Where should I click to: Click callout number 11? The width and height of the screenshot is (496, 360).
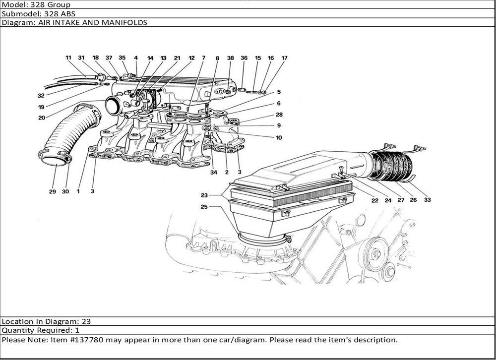tap(68, 58)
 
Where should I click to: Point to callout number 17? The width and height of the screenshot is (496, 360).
tap(284, 58)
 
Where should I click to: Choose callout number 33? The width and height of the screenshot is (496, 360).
tap(427, 200)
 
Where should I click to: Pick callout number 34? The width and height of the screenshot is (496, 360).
tap(214, 173)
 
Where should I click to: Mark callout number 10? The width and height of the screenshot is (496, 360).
tap(279, 137)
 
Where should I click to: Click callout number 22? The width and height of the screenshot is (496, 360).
tap(375, 200)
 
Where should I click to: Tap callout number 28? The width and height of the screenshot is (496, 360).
tap(279, 115)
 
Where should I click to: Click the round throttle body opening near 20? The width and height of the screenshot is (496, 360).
tap(113, 107)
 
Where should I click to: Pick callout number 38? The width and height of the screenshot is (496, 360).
tap(230, 58)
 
